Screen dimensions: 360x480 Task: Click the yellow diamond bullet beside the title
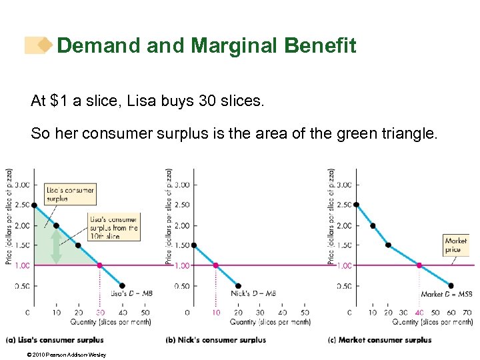pos(44,45)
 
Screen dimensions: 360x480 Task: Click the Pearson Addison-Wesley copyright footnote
pos(56,355)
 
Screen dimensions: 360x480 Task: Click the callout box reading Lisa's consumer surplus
pos(70,193)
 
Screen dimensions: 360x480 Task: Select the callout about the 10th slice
pos(114,227)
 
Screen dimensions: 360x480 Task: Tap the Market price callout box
pos(455,245)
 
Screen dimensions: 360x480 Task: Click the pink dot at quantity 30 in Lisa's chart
pos(100,265)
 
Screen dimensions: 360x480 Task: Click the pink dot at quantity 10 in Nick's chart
pos(215,265)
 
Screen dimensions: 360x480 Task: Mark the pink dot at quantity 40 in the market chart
pos(419,265)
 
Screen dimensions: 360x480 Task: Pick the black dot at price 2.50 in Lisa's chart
pos(34,205)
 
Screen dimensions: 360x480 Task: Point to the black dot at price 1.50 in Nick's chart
pos(193,245)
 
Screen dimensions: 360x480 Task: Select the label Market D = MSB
pos(446,293)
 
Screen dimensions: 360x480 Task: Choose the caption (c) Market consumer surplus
pos(379,340)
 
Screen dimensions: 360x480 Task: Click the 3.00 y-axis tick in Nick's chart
pos(182,185)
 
